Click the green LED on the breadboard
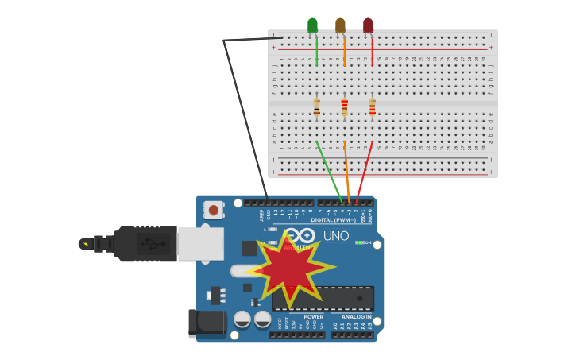point(312,25)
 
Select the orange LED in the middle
point(340,25)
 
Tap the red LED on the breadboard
point(368,25)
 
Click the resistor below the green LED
point(316,106)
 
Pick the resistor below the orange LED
point(344,106)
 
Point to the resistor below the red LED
point(372,106)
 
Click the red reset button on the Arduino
point(213,210)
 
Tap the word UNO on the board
point(336,235)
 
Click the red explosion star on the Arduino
point(288,269)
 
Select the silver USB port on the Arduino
point(200,243)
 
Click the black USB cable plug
point(143,243)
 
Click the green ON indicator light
point(360,242)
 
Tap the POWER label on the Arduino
point(314,316)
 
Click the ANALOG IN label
point(356,316)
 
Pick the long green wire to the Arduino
point(329,171)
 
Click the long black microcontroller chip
point(342,298)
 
